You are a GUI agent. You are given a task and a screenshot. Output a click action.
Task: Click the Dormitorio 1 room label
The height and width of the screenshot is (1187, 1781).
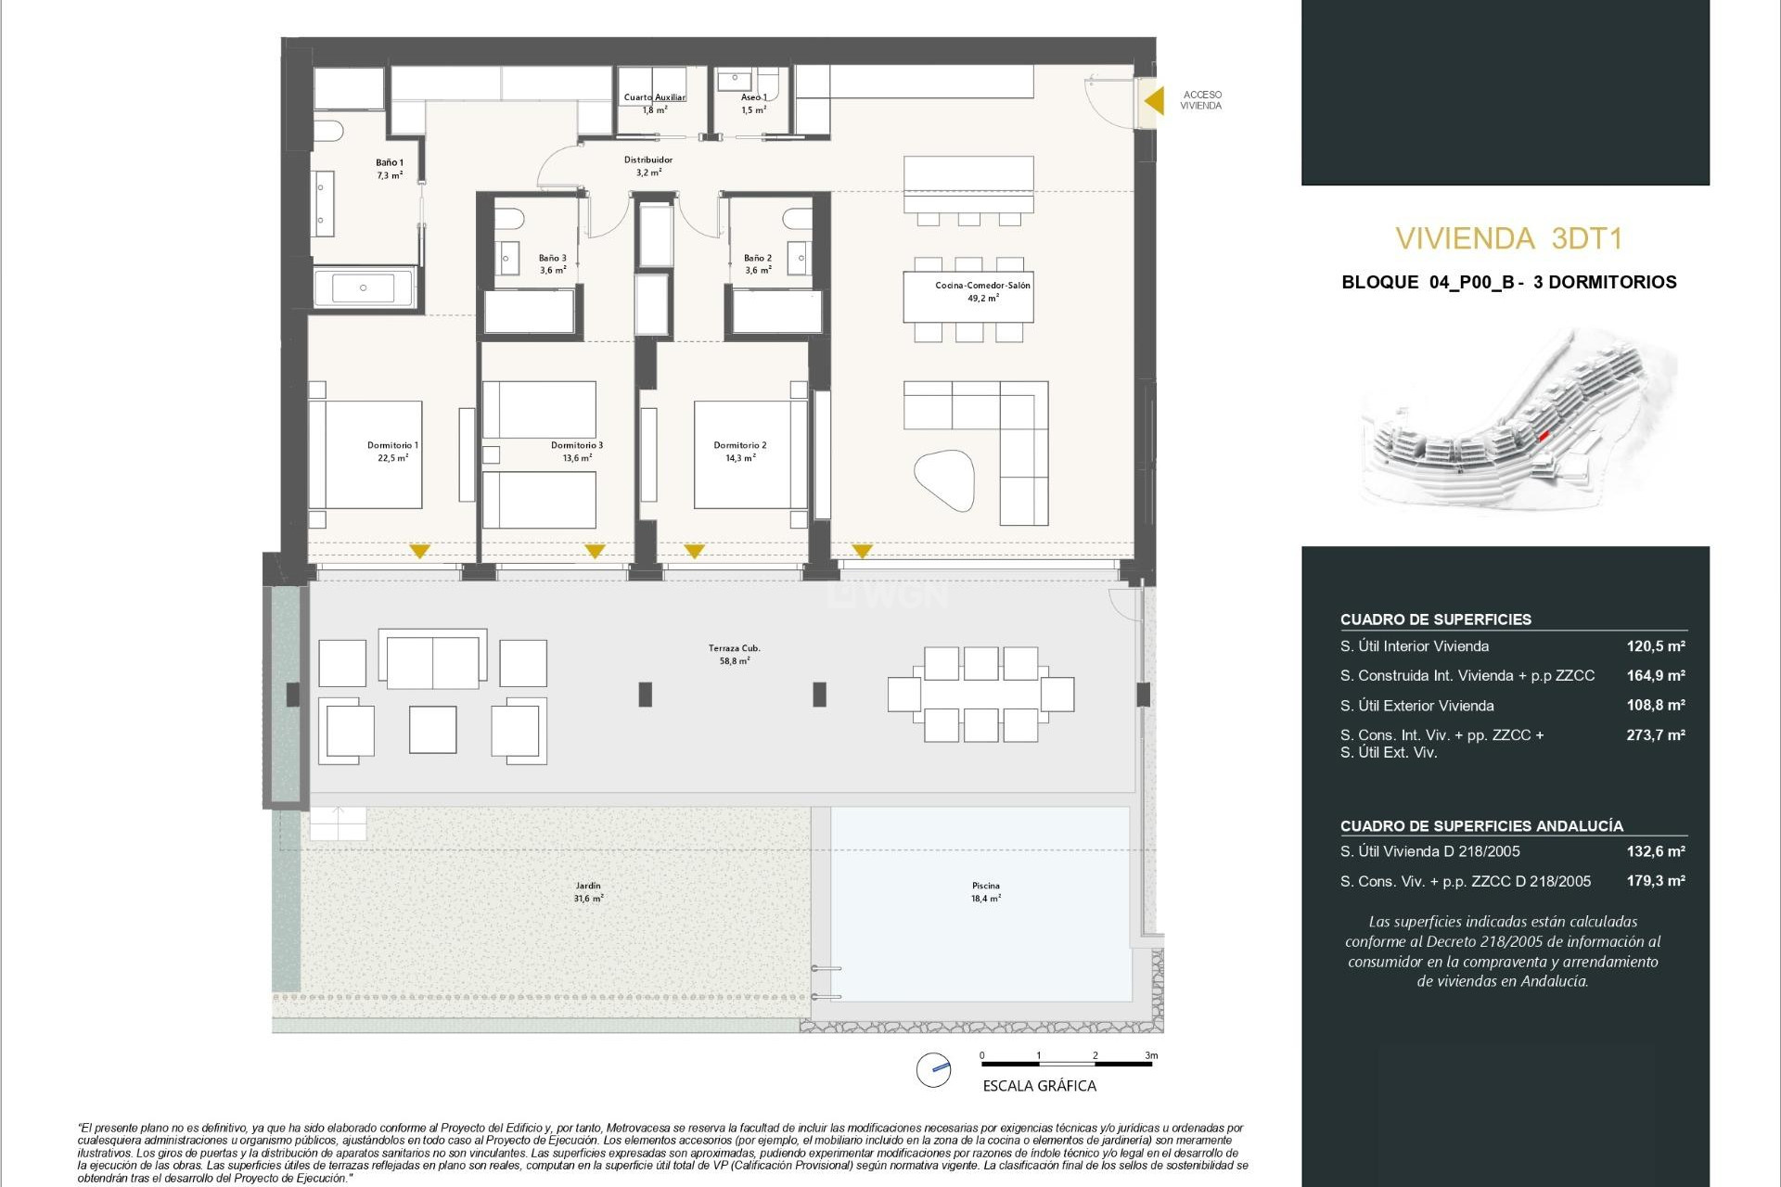(392, 452)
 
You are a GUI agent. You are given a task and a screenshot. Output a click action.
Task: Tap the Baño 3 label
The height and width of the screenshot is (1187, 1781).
(553, 264)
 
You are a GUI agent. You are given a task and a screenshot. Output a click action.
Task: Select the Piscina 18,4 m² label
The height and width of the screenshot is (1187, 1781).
(985, 892)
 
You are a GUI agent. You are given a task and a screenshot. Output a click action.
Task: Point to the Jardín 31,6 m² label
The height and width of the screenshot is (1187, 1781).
(588, 892)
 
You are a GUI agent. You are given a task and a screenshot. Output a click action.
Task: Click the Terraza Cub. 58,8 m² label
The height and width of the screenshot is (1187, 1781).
(734, 655)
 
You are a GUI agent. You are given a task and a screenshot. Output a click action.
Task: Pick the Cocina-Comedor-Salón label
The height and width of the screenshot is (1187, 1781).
(982, 291)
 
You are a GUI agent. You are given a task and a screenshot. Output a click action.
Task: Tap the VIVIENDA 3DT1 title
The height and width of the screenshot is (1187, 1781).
(1508, 239)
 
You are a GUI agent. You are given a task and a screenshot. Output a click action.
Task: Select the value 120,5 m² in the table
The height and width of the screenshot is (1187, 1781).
(1655, 646)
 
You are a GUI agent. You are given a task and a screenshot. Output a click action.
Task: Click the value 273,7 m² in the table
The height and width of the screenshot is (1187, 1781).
(1655, 735)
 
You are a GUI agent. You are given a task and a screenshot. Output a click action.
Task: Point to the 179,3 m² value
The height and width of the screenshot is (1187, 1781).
(1655, 881)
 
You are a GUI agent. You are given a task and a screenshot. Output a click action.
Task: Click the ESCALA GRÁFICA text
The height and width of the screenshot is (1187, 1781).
(1039, 1086)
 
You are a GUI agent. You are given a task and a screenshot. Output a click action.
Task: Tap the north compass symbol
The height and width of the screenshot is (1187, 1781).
(933, 1070)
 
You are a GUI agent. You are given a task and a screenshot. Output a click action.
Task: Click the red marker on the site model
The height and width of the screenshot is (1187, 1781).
(1544, 435)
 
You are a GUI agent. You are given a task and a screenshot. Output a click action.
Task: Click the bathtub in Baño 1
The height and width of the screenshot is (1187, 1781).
(363, 288)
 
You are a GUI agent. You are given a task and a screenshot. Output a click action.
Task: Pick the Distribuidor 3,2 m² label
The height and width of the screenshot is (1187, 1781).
(648, 166)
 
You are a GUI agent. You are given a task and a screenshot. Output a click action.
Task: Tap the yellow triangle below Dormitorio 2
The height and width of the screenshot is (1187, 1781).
(694, 551)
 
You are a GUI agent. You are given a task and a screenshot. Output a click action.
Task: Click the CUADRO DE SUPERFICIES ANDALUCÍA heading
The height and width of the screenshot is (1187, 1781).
(1480, 826)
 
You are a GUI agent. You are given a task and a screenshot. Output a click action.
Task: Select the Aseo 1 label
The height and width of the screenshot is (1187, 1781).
(753, 103)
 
